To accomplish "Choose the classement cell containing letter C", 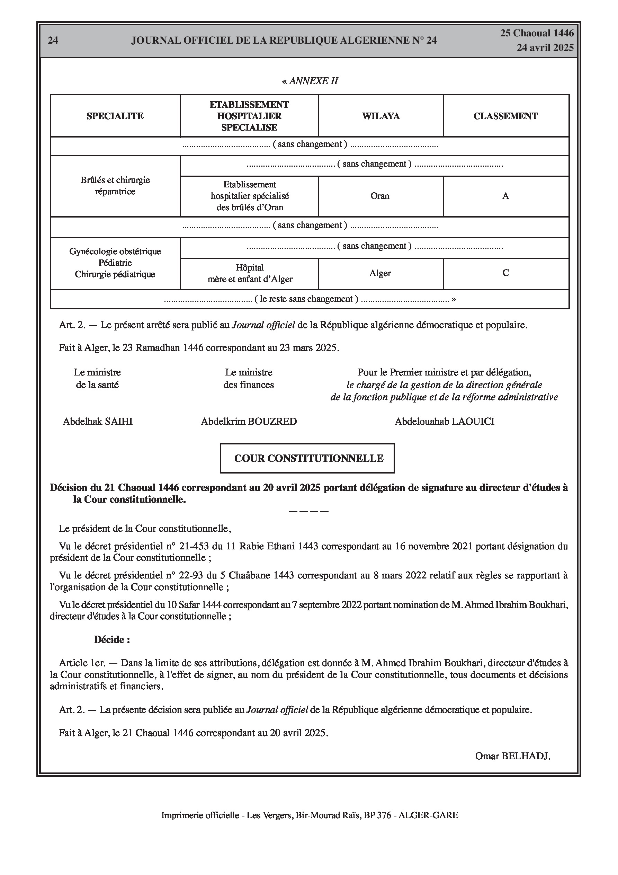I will [x=505, y=273].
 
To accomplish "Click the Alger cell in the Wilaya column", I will [x=380, y=274].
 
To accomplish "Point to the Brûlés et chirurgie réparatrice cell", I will [x=115, y=186].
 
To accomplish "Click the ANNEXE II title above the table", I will [x=310, y=81].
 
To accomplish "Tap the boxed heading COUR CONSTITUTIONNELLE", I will [x=308, y=459].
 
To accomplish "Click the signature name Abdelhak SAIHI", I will [x=98, y=422].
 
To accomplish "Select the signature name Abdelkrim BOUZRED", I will [x=249, y=422].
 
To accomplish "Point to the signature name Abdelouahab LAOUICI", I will [x=444, y=422].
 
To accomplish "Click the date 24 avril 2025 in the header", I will [x=545, y=48].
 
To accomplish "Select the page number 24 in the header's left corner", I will [x=53, y=41].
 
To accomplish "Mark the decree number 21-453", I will [x=194, y=547].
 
